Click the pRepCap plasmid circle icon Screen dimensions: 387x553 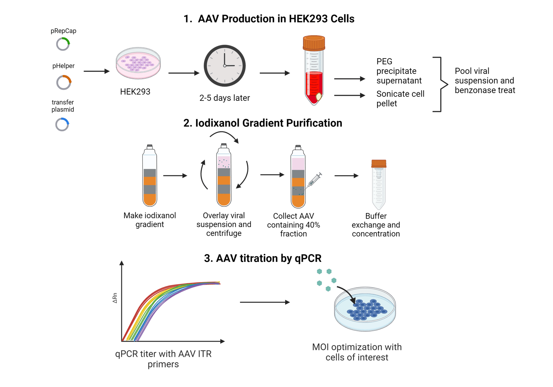click(63, 44)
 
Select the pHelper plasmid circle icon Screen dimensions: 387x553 click(64, 82)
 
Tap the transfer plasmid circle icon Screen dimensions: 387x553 click(62, 125)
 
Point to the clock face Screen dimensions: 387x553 click(224, 66)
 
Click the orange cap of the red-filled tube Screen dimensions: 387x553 click(313, 43)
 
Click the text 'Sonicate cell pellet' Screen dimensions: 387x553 click(400, 99)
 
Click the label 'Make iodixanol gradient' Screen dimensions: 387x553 click(150, 220)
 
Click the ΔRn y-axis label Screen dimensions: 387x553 click(115, 298)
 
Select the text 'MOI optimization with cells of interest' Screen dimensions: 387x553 click(357, 352)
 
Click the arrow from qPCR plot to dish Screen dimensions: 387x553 click(265, 302)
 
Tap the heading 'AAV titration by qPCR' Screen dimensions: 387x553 click(263, 258)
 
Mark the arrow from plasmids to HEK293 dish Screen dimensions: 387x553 click(96, 71)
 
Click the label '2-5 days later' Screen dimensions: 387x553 click(224, 98)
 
